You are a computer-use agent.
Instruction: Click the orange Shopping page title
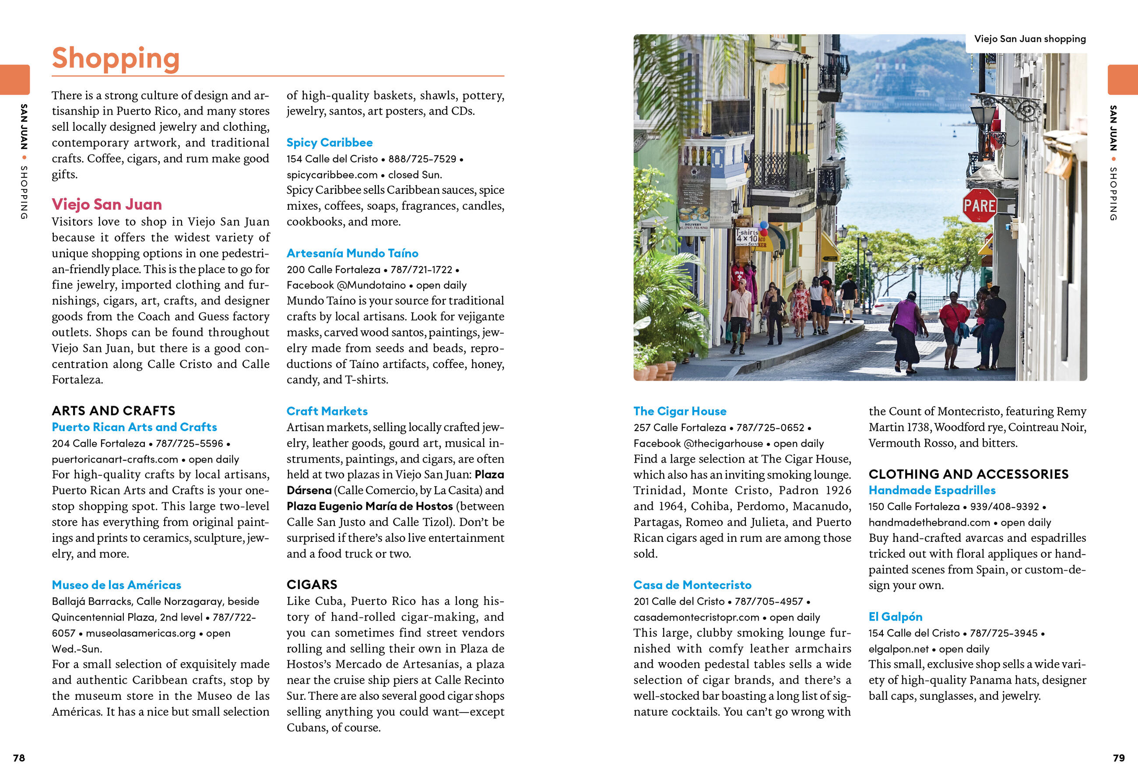116,58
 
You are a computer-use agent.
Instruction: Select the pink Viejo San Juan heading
107,204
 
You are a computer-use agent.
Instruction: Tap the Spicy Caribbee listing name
330,143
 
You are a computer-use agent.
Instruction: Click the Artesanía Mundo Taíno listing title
353,253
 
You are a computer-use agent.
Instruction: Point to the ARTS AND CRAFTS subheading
114,411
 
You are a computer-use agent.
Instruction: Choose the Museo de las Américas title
116,585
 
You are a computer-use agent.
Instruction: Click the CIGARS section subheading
312,585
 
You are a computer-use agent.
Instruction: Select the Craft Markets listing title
327,411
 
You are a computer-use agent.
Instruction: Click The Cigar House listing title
680,411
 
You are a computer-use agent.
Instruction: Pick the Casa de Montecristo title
692,585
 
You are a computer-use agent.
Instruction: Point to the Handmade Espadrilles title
932,490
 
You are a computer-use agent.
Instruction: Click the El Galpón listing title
895,616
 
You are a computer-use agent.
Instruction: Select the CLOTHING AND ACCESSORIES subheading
969,474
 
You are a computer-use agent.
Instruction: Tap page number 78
19,758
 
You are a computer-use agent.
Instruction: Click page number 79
1119,758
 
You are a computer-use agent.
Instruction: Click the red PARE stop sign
980,206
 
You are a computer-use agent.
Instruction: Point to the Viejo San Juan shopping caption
1030,39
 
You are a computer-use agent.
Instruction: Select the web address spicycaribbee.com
332,175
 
